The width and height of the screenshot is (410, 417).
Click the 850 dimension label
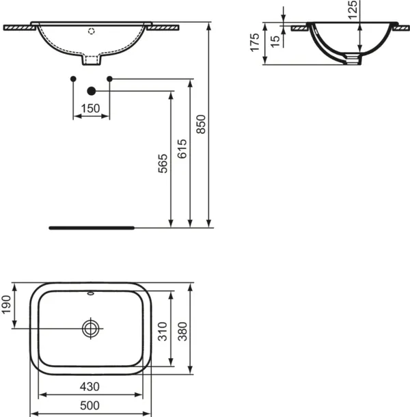click(201, 124)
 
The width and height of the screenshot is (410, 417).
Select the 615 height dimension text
click(182, 149)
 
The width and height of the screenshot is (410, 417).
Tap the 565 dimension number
click(163, 163)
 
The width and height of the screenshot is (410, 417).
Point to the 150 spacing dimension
click(90, 108)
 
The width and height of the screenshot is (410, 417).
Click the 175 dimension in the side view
click(255, 42)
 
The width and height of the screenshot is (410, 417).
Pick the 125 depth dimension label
click(353, 10)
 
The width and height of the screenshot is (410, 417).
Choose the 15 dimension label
click(275, 42)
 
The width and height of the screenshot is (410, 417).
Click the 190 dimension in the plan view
click(6, 305)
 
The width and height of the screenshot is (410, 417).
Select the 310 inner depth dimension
click(163, 332)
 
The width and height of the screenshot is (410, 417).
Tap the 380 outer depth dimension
click(182, 332)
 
